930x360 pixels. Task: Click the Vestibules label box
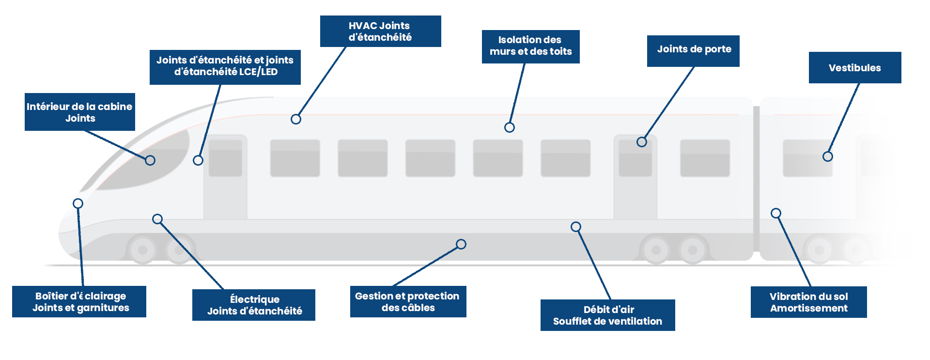pyautogui.click(x=855, y=67)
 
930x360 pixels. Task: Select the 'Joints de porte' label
pyautogui.click(x=693, y=51)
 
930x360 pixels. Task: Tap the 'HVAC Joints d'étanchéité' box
pyautogui.click(x=381, y=31)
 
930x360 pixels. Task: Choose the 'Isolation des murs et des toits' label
pyautogui.click(x=531, y=47)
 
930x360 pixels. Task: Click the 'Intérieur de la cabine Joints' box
pyautogui.click(x=80, y=112)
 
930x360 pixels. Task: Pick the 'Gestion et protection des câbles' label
pyautogui.click(x=408, y=301)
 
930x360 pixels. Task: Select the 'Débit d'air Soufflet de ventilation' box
pyautogui.click(x=608, y=315)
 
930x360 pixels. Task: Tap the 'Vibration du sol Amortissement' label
pyautogui.click(x=809, y=302)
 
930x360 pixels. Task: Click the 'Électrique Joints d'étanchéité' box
pyautogui.click(x=254, y=305)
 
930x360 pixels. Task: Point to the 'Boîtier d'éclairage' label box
pyautogui.click(x=79, y=301)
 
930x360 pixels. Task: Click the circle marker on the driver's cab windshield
pyautogui.click(x=150, y=160)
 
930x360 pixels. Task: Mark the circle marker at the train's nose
pyautogui.click(x=78, y=203)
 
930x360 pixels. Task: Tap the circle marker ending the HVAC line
pyautogui.click(x=296, y=119)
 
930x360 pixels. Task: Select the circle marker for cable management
pyautogui.click(x=461, y=244)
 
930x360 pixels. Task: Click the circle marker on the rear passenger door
pyautogui.click(x=642, y=142)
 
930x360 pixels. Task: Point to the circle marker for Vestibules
pyautogui.click(x=828, y=157)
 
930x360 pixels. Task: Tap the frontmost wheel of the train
pyautogui.click(x=143, y=250)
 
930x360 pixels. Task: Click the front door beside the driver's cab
pyautogui.click(x=225, y=177)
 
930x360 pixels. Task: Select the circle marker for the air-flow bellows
pyautogui.click(x=576, y=227)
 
